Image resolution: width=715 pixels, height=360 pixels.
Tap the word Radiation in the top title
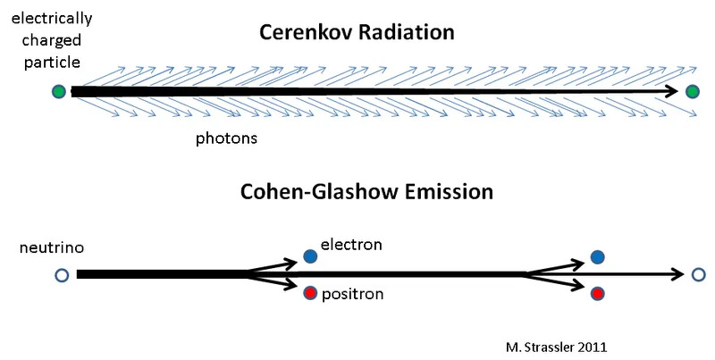tap(407, 32)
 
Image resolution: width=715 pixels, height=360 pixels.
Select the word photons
tap(226, 138)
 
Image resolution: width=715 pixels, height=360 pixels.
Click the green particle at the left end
tap(59, 92)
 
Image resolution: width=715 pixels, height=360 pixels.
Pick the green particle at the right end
tap(693, 92)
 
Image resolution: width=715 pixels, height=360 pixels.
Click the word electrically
tap(52, 19)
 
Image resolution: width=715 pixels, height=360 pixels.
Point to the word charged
tap(52, 40)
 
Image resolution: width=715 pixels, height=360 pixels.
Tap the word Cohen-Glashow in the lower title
tap(315, 192)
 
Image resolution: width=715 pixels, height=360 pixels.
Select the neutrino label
tap(52, 248)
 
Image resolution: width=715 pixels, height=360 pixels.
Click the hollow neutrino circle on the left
tap(62, 275)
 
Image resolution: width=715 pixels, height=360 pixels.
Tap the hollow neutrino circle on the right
tap(699, 275)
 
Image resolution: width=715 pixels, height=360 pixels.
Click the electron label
tap(351, 245)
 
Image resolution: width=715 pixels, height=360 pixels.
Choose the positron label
tap(352, 295)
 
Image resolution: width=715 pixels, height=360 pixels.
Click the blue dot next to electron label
tap(310, 256)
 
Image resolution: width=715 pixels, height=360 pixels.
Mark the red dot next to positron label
tap(310, 293)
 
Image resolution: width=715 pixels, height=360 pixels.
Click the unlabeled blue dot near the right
tap(597, 257)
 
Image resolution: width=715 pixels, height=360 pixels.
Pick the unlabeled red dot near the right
tap(597, 294)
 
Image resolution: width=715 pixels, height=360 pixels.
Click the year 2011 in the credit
tap(593, 347)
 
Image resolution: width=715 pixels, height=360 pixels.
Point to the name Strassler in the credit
tap(549, 347)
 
